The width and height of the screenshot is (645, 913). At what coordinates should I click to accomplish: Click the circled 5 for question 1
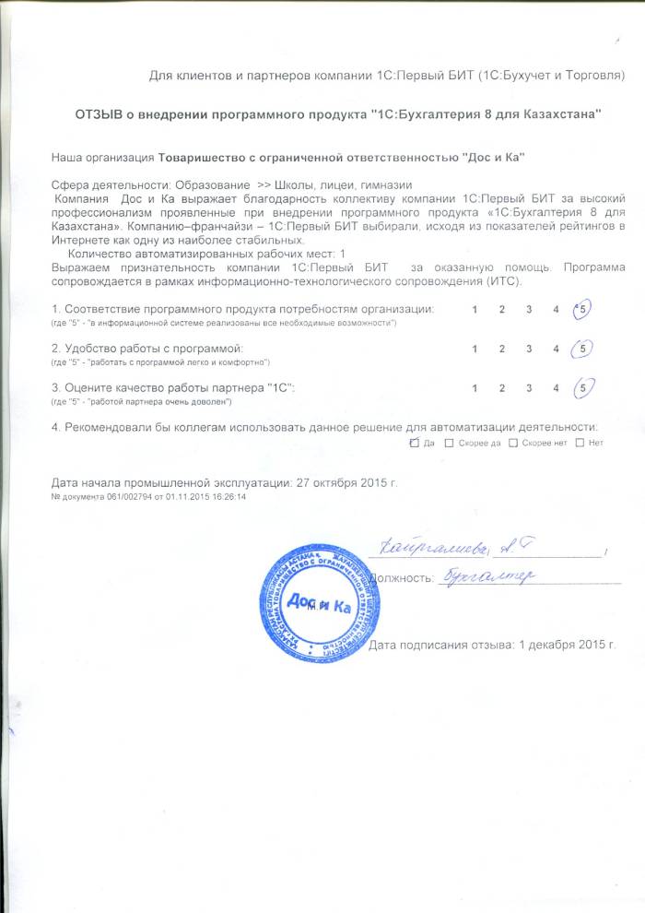(x=581, y=310)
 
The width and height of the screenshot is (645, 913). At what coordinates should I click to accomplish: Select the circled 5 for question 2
(x=581, y=349)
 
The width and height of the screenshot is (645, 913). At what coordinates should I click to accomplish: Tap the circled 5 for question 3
(x=581, y=388)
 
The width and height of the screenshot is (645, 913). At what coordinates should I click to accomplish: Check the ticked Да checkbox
(x=413, y=443)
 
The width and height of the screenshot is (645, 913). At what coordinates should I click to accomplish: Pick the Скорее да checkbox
(x=449, y=443)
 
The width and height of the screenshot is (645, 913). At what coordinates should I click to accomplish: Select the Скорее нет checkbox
(x=513, y=443)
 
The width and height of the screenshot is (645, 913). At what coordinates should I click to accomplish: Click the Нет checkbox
(x=580, y=443)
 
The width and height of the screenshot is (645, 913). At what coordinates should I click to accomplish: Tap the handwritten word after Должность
(x=488, y=577)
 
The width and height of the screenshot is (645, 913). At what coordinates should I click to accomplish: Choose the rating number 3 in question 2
(x=529, y=349)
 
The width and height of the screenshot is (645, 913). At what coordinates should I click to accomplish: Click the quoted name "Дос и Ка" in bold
(x=492, y=158)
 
